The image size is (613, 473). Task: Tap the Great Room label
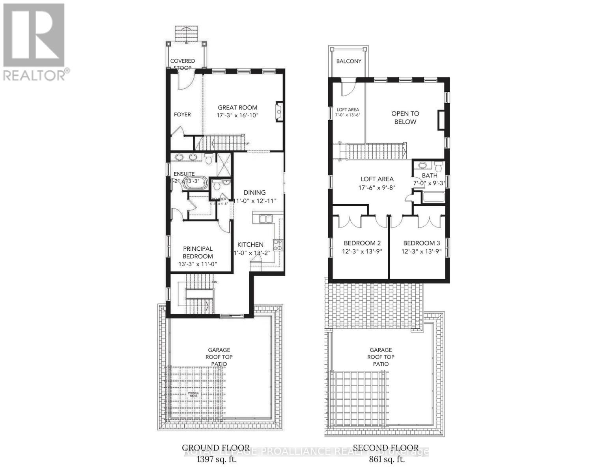coord(237,107)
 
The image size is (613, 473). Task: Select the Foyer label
coord(182,114)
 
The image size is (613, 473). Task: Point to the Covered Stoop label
coord(183,64)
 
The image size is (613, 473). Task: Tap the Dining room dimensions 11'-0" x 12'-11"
coord(254,200)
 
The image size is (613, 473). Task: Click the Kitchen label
coord(250,244)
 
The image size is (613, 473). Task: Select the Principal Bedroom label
coord(198,252)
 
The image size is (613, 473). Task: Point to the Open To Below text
coord(405,117)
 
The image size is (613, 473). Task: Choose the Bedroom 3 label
coord(421,243)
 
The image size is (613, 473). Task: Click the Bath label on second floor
coord(429,175)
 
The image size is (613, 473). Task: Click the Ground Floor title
coord(215,448)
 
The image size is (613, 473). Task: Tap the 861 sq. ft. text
coord(385,459)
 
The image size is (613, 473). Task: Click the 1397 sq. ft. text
coord(215,459)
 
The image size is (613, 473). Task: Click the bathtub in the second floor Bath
coord(434,197)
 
